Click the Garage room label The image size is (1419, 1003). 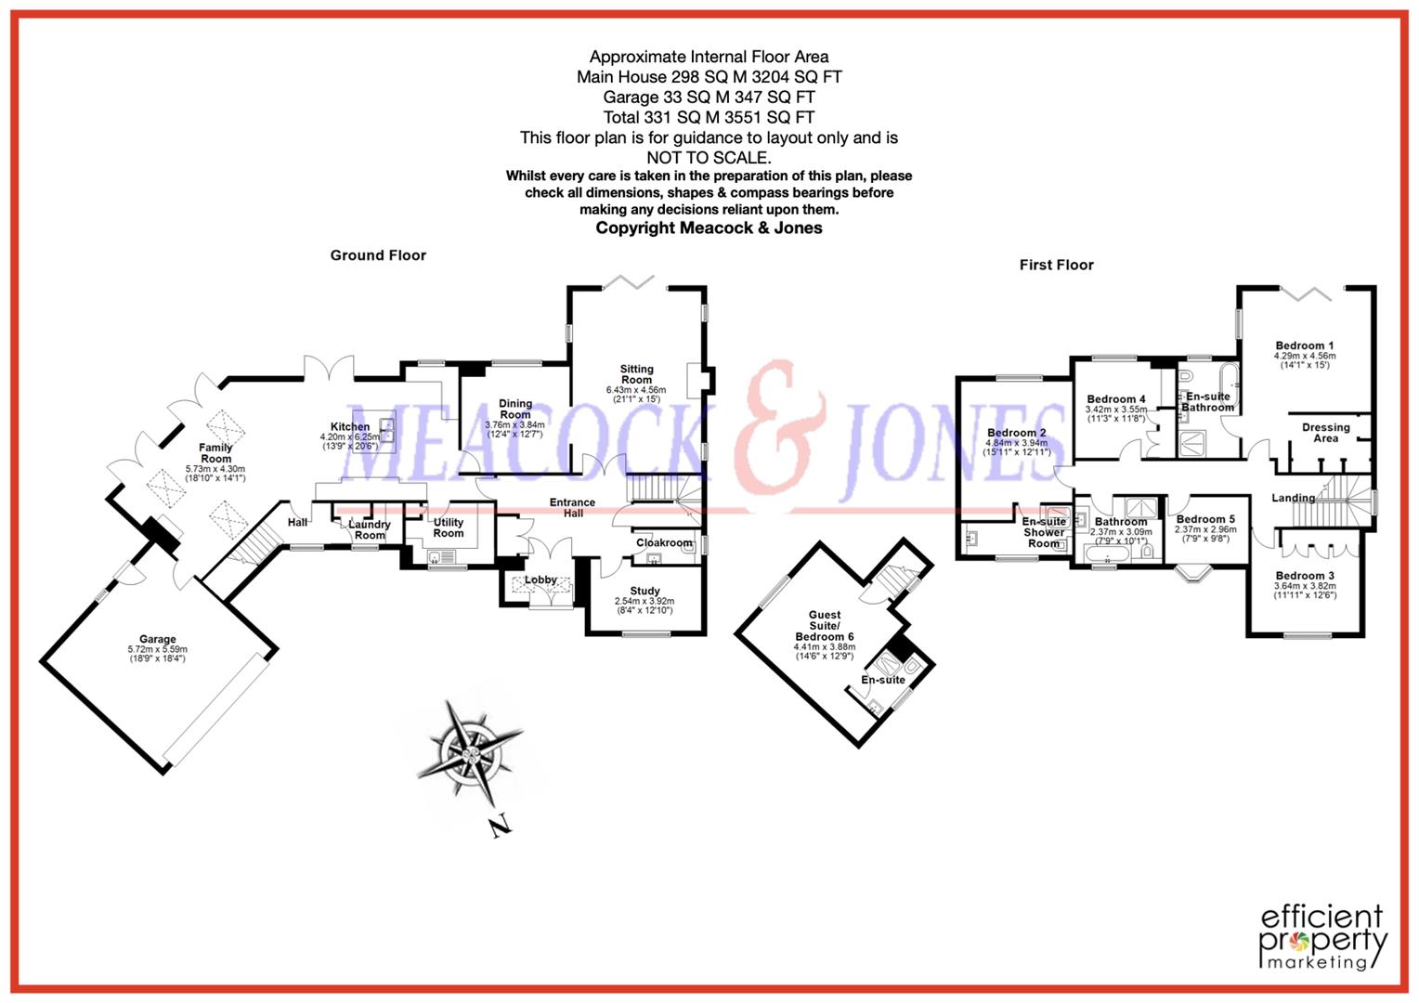158,640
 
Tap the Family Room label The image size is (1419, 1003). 215,453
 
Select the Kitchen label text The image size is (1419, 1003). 350,427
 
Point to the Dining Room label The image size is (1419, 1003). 515,410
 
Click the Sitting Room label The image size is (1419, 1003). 636,374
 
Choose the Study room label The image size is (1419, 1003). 644,591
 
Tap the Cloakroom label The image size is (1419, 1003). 664,543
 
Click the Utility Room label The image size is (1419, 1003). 449,528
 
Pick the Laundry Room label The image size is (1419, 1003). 370,529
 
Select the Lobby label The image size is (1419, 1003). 540,580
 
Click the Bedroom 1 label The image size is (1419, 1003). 1304,345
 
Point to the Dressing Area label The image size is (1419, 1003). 1325,433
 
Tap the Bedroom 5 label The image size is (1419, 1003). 1205,519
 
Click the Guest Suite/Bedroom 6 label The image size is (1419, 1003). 824,625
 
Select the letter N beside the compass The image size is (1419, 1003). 501,826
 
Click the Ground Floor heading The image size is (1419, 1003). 378,255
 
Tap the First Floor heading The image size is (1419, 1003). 1056,265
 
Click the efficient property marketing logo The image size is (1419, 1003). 1322,936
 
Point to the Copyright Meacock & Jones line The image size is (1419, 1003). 709,228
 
